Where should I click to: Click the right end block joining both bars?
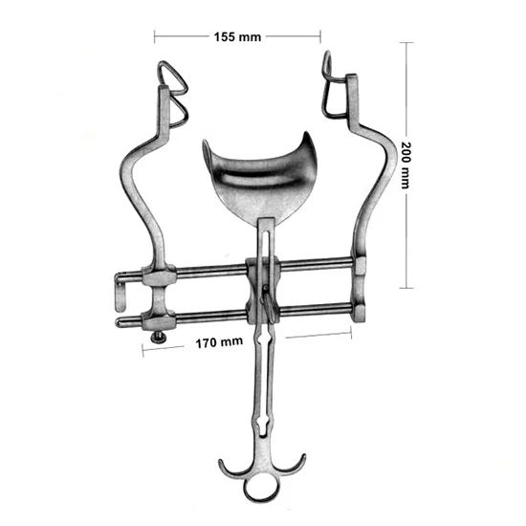tap(361, 287)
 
